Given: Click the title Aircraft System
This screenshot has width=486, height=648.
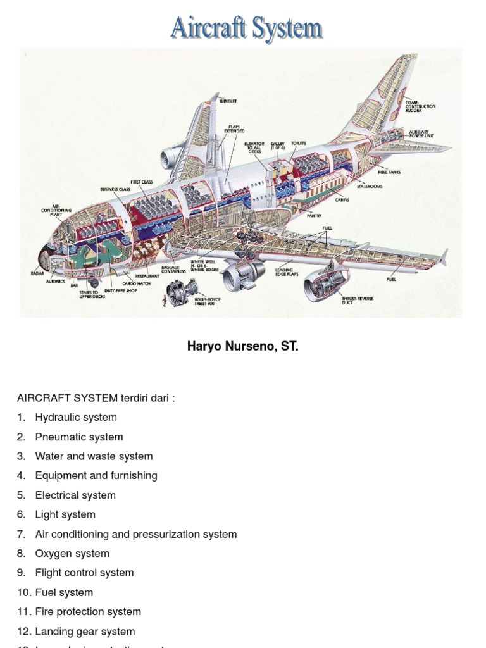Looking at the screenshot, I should (x=246, y=29).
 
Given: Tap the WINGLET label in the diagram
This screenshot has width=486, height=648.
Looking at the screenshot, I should (x=228, y=101).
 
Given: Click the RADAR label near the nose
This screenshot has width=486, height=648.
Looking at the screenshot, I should (x=38, y=273).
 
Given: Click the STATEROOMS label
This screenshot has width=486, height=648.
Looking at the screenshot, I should (x=370, y=186).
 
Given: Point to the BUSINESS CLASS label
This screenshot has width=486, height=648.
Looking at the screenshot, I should (x=115, y=189).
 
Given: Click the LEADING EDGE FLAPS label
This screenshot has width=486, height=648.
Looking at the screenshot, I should (x=283, y=272).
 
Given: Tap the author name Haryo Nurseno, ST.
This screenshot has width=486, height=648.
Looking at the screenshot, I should (x=242, y=347).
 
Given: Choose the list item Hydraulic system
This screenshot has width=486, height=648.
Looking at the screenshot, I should (x=76, y=417).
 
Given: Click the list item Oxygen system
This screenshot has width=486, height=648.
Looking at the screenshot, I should (x=72, y=553).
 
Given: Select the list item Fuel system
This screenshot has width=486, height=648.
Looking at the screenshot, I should (x=64, y=592).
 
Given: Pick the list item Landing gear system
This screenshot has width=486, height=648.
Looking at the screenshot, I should (x=85, y=631).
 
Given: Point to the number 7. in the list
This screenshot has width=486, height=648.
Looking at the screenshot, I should (x=22, y=534).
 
